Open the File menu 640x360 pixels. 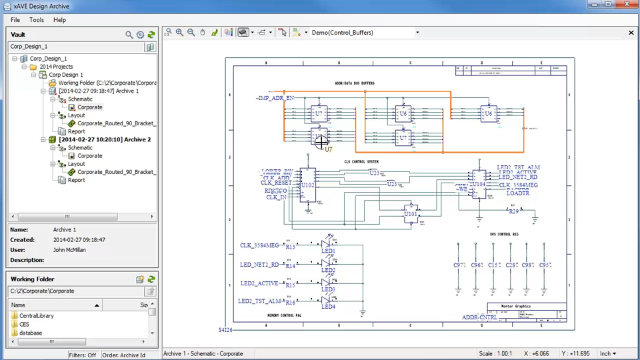(x=15, y=20)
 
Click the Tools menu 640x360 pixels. (x=37, y=20)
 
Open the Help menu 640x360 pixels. (x=59, y=20)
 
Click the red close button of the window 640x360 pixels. (x=624, y=5)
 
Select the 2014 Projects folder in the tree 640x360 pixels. (x=55, y=67)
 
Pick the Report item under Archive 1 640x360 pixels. (x=77, y=131)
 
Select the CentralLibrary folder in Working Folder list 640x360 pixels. (x=36, y=316)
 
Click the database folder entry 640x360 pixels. (x=30, y=333)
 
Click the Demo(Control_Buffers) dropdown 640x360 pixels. (x=365, y=33)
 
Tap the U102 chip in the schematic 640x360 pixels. (x=307, y=184)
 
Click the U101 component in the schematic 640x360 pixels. (x=410, y=213)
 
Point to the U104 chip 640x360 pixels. (x=479, y=183)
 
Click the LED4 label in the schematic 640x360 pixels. (x=328, y=306)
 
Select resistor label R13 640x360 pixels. (x=291, y=247)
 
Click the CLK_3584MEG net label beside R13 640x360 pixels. (x=259, y=245)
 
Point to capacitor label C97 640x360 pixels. (x=459, y=265)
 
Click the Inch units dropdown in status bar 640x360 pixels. (x=608, y=354)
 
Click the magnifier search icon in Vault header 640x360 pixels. (x=129, y=35)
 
